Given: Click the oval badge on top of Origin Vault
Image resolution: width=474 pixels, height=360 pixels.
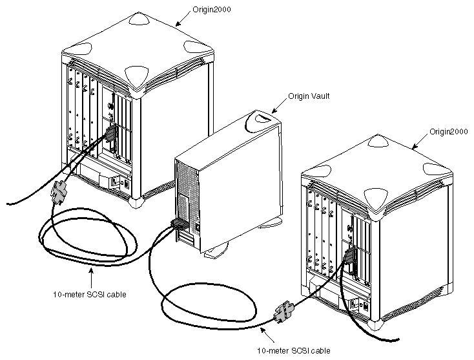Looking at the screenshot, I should coord(263,119).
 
